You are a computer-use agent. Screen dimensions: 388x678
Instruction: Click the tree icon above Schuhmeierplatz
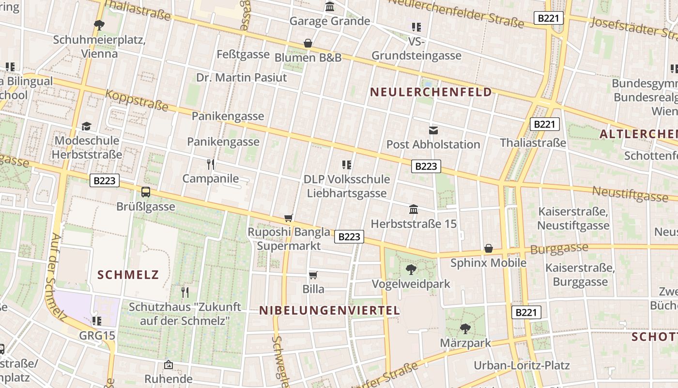(99, 24)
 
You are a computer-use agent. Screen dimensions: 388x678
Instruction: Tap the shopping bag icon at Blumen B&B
(308, 43)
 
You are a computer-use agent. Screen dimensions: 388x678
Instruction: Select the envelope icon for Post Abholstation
(433, 130)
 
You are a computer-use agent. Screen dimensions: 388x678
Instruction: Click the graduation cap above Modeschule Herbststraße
(86, 126)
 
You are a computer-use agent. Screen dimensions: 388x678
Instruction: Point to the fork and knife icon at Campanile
(211, 164)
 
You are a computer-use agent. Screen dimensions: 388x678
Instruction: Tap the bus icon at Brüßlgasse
(145, 192)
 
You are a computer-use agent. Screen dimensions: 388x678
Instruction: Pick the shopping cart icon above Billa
(313, 275)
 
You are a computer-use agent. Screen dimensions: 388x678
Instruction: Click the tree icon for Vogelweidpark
(411, 269)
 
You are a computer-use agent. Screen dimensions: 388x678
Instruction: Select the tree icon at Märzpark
(465, 328)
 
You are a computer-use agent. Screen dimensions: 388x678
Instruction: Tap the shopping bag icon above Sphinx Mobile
(489, 248)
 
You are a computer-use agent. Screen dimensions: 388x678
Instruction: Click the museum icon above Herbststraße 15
(414, 209)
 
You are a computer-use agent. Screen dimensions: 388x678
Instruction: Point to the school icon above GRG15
(97, 321)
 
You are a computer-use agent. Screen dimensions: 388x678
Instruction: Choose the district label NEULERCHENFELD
(431, 92)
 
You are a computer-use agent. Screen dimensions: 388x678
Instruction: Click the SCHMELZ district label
(128, 275)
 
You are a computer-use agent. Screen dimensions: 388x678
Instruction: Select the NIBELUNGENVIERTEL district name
(329, 310)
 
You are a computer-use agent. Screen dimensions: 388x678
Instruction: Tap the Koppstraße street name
(137, 100)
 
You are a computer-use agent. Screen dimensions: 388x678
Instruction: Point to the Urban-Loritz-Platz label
(522, 365)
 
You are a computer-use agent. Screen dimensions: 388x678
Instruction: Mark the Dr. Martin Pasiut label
(241, 78)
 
